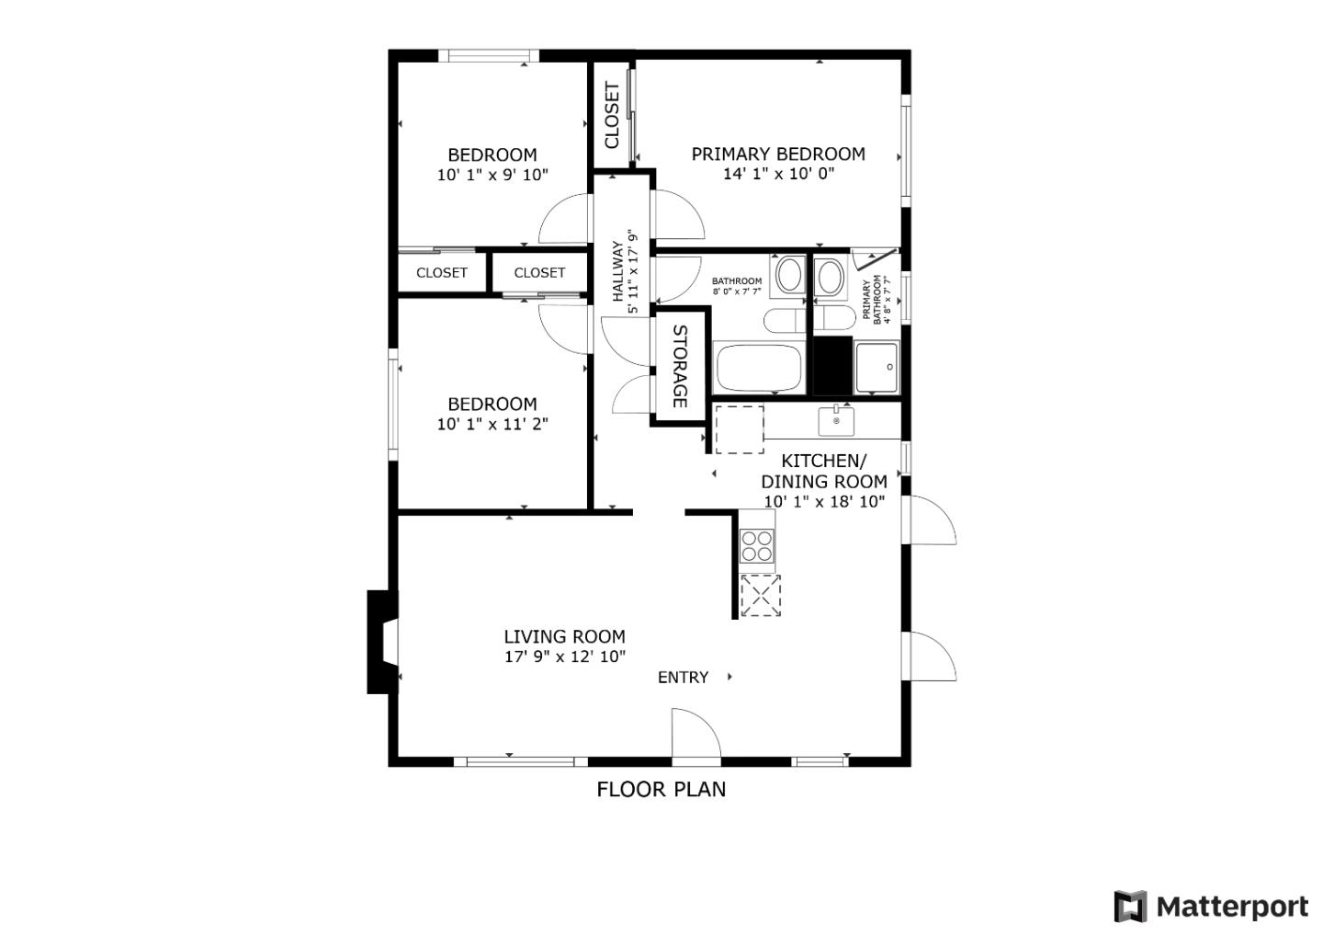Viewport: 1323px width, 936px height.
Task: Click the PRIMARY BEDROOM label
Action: point(778,154)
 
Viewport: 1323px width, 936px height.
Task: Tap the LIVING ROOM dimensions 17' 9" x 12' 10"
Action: point(564,656)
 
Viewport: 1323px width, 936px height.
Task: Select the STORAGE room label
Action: point(680,366)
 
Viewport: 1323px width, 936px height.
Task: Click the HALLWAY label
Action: point(618,271)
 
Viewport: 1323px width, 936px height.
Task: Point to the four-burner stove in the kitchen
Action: point(758,546)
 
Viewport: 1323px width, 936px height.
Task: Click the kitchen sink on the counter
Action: point(836,421)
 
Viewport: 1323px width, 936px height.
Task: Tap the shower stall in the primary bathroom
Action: point(876,368)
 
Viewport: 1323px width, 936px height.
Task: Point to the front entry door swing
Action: point(695,736)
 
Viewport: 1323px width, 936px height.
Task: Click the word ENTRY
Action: point(683,678)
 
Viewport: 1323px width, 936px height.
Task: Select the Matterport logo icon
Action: point(1130,907)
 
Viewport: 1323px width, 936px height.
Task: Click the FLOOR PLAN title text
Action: point(661,789)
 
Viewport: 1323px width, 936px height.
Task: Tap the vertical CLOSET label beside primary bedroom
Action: point(612,116)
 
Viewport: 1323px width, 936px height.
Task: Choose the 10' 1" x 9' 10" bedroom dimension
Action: point(492,175)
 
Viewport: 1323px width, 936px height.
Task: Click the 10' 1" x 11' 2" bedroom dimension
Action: point(492,424)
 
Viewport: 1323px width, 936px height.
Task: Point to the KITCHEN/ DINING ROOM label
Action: point(824,471)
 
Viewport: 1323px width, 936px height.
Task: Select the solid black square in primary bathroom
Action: point(833,366)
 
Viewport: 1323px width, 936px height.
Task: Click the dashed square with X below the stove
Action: point(760,595)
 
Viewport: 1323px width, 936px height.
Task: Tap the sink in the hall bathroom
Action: point(789,275)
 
